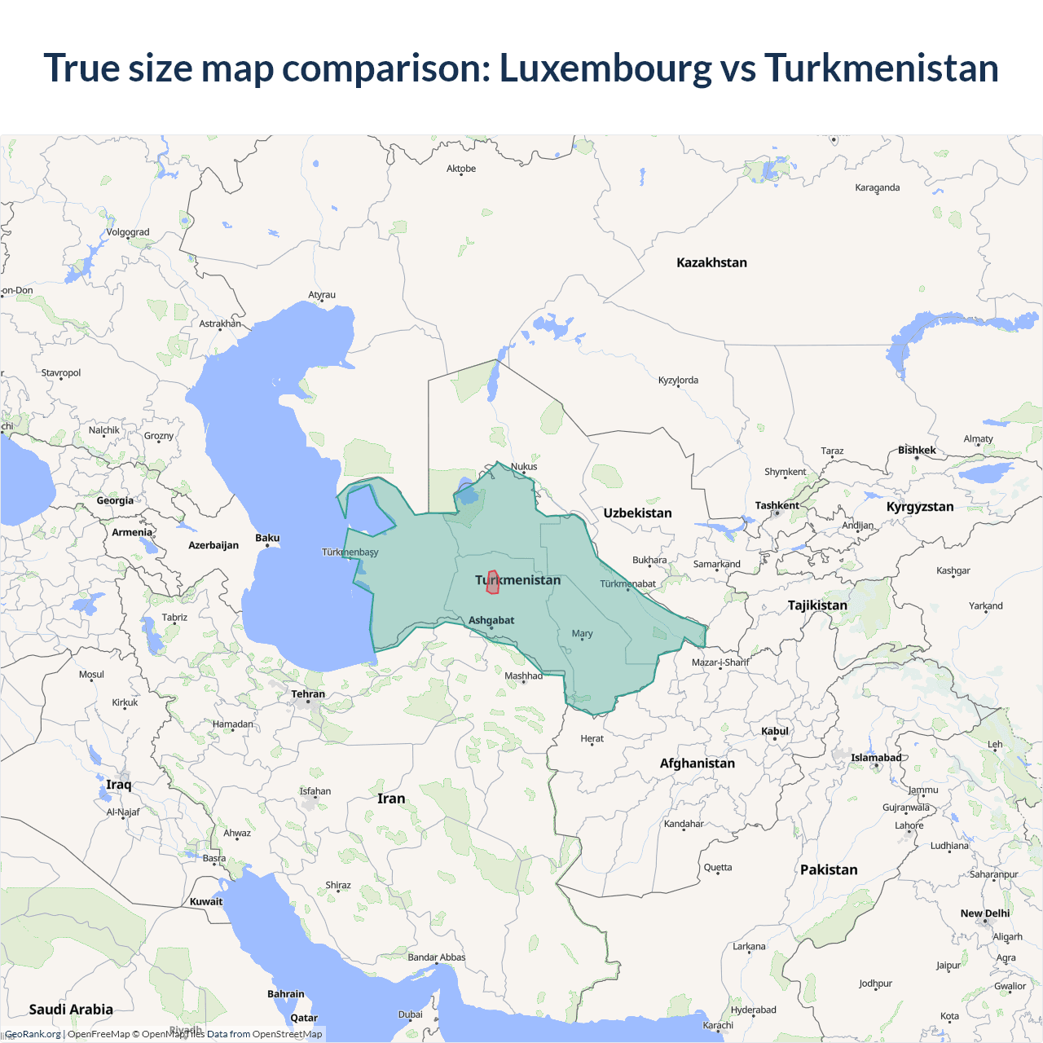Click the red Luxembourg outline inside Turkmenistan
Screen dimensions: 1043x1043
[x=492, y=583]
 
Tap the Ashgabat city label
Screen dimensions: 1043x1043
[x=491, y=620]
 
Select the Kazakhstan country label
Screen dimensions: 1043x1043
[x=711, y=262]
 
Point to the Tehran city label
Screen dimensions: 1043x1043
[x=308, y=694]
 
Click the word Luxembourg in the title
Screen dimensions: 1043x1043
[x=605, y=68]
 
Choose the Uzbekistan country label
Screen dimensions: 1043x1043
[x=637, y=513]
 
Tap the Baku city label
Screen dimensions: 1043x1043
[x=267, y=538]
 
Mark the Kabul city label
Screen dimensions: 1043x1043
[x=775, y=731]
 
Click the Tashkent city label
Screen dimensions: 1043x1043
[x=777, y=505]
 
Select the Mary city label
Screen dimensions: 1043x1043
[x=582, y=633]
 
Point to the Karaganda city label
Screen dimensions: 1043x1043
[x=878, y=187]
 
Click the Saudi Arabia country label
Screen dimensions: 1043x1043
[x=71, y=1009]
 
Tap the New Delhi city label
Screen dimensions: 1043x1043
[x=984, y=913]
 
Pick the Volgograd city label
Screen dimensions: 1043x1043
[x=128, y=232]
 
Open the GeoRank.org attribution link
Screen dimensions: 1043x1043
[x=33, y=1034]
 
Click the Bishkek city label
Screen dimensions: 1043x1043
[x=917, y=450]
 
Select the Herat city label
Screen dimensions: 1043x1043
[x=592, y=738]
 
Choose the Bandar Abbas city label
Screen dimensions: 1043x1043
[x=437, y=957]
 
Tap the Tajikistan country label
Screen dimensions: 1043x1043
[x=817, y=605]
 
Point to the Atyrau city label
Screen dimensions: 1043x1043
[x=322, y=295]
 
